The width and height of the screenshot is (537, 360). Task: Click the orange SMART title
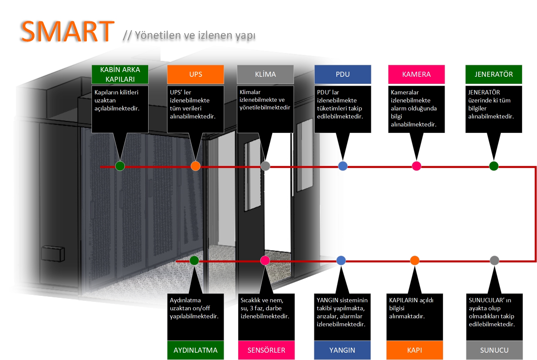coord(68,31)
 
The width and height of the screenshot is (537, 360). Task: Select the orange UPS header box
coord(196,74)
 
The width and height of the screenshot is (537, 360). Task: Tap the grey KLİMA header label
coord(265,74)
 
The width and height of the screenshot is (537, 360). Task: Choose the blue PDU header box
coord(343,74)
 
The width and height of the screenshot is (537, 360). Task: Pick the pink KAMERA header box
coord(417,74)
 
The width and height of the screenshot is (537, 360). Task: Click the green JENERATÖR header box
coord(494,74)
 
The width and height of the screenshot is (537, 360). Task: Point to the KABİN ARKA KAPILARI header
coord(120,74)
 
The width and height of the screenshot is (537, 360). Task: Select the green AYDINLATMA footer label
coord(196,350)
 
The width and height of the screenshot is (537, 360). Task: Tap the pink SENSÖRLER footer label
coord(266,350)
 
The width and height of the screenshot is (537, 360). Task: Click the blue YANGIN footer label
coord(342,350)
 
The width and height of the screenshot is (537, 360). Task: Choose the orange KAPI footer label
coord(415,350)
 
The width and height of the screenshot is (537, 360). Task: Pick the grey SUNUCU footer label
coord(494,350)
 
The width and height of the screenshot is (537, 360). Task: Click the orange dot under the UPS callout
coord(196,166)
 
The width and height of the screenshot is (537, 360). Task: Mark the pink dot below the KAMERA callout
coord(417,166)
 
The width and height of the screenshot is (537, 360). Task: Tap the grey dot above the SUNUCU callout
coord(494,260)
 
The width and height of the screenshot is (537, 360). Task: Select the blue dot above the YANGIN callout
coord(341,260)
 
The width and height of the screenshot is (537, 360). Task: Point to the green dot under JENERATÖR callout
coord(494,166)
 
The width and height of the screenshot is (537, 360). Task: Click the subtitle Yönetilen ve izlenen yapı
coord(195,35)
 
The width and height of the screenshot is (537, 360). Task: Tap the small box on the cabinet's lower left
coord(53,253)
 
